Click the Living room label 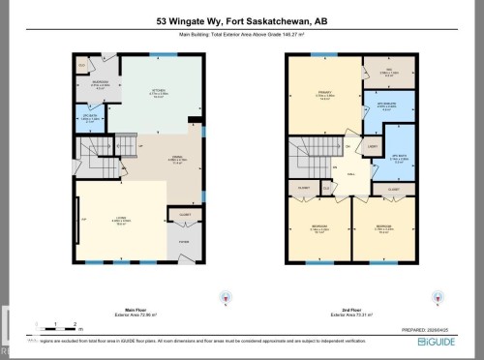point(122,222)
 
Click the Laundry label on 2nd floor point(372,147)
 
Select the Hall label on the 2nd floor point(352,174)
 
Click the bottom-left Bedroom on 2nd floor point(318,229)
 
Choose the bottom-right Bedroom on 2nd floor point(383,229)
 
